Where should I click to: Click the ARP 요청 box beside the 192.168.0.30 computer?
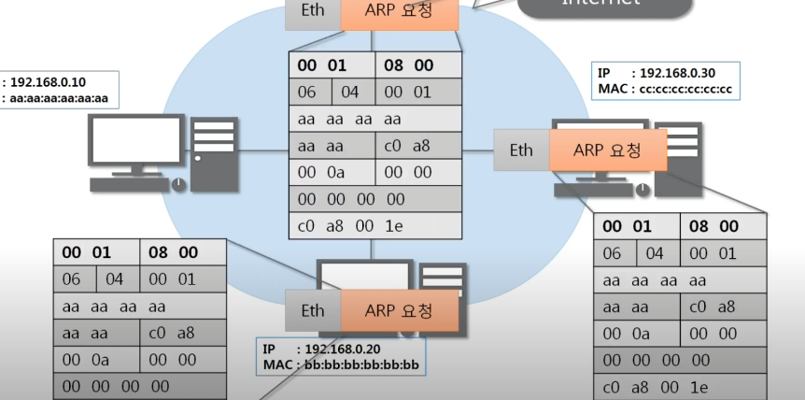tap(608, 150)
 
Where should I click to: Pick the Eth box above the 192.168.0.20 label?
tap(313, 310)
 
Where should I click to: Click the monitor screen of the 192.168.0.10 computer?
tap(131, 140)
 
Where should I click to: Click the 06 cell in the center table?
tap(308, 92)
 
